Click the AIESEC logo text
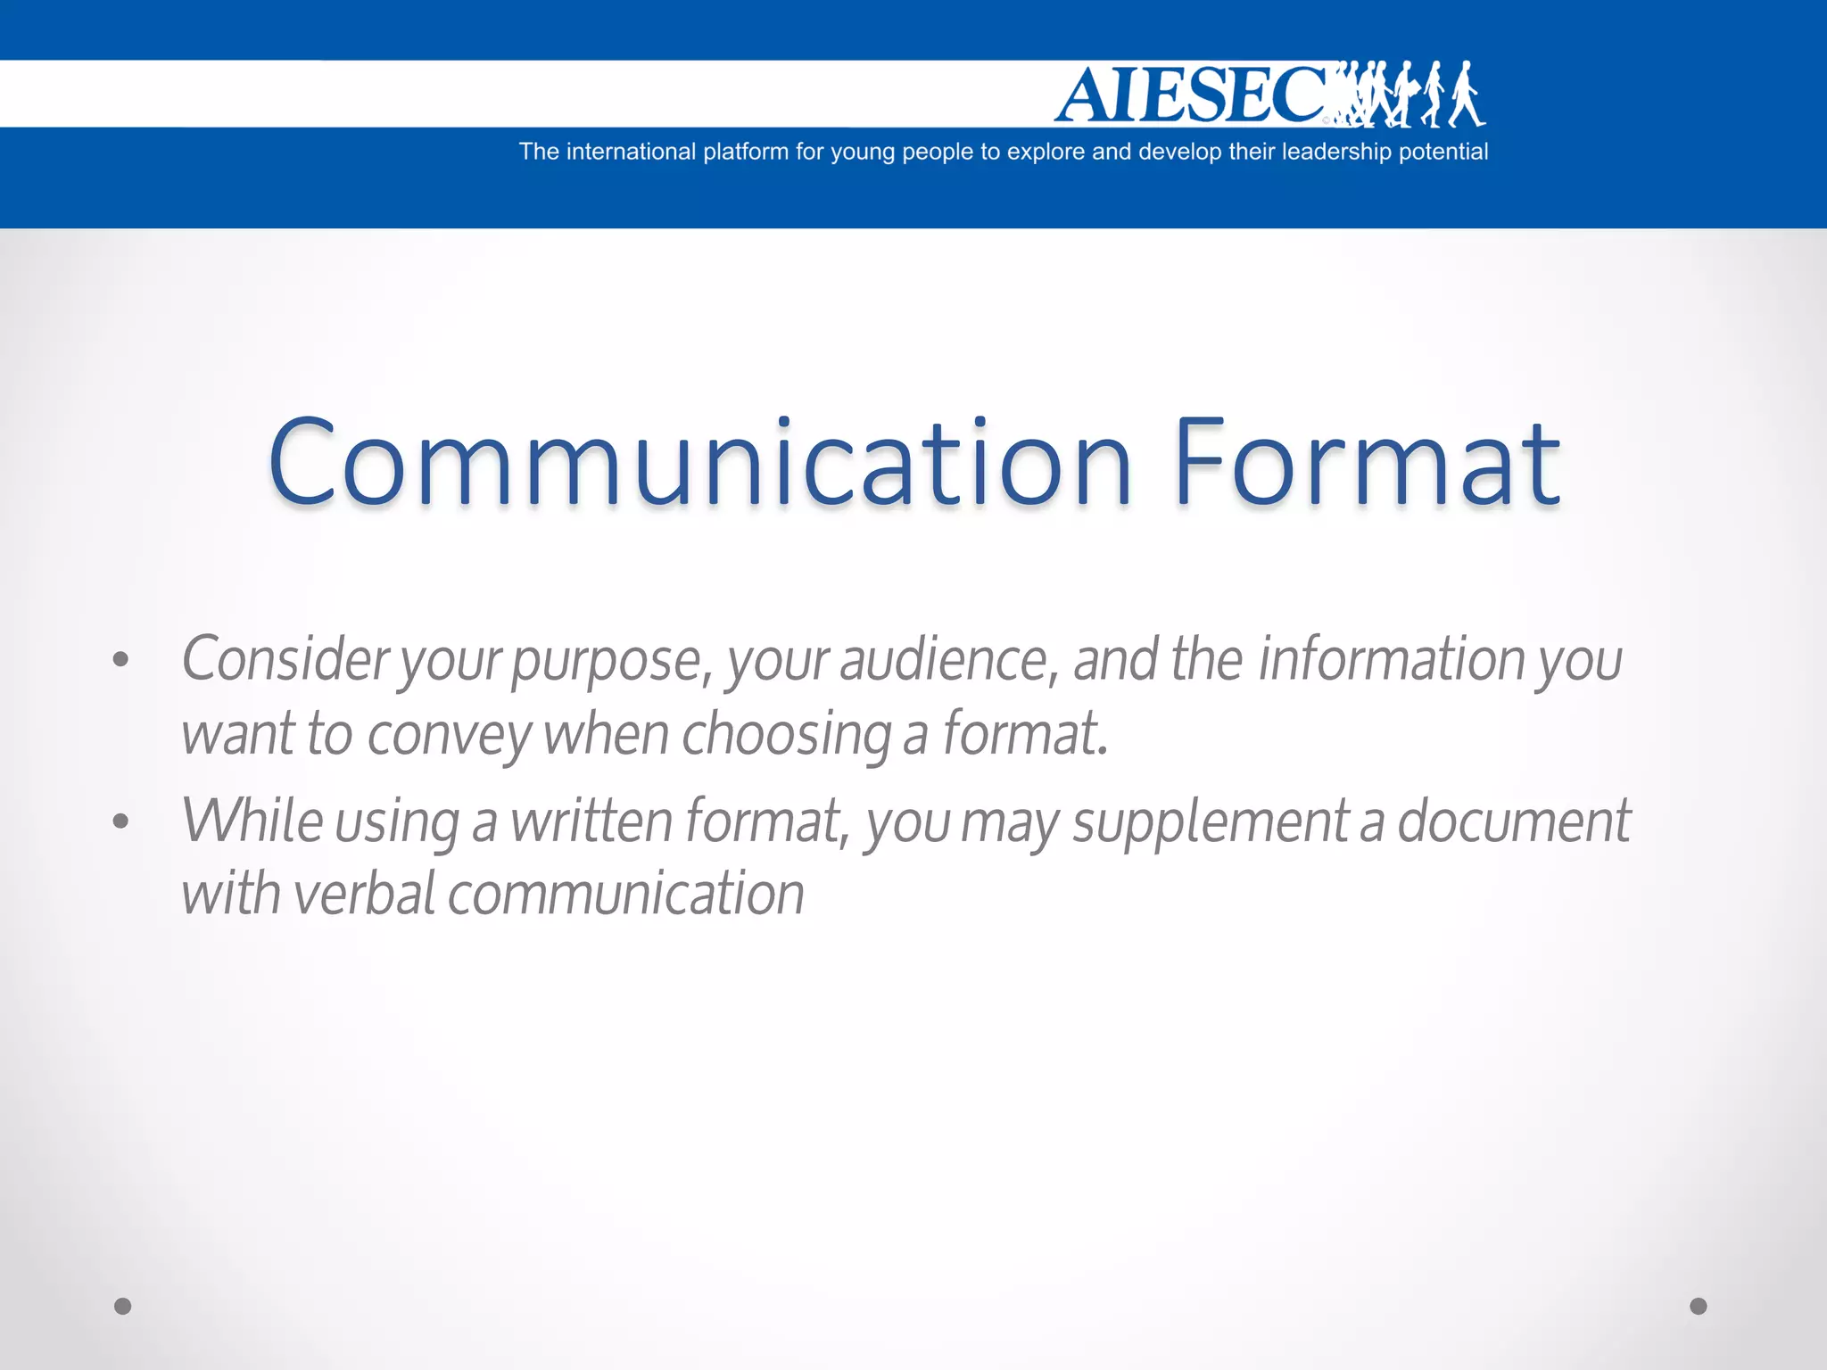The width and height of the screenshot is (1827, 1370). pyautogui.click(x=1191, y=95)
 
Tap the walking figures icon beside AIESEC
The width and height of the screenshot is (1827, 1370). pyautogui.click(x=1414, y=95)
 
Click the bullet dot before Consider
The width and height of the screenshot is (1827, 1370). pyautogui.click(x=121, y=660)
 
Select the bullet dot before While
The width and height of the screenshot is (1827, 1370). pyautogui.click(x=121, y=821)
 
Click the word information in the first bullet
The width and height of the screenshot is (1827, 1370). pyautogui.click(x=1392, y=660)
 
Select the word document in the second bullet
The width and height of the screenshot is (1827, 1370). pyautogui.click(x=1513, y=821)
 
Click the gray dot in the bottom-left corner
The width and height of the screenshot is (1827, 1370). pyautogui.click(x=123, y=1307)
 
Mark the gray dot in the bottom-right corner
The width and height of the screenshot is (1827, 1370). pyautogui.click(x=1699, y=1307)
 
